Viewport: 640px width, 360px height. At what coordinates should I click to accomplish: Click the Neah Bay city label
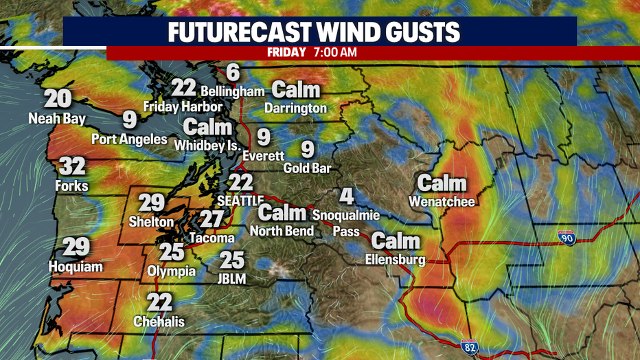(57, 119)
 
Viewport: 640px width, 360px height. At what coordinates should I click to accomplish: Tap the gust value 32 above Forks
(71, 166)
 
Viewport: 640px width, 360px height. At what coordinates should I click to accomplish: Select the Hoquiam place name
(76, 267)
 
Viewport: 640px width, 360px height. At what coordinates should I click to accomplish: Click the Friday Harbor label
(183, 106)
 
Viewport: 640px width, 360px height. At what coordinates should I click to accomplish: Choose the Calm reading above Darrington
(297, 89)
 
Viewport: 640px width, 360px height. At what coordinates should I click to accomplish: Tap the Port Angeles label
(130, 139)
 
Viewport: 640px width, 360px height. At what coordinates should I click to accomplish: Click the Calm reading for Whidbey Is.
(207, 127)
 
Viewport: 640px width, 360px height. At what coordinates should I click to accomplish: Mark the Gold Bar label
(308, 168)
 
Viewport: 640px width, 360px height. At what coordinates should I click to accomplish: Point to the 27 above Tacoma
(212, 219)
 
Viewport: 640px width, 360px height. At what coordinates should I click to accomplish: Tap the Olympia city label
(172, 271)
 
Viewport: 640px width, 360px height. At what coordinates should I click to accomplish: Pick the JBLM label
(231, 279)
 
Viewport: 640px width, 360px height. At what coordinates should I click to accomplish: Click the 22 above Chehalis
(159, 302)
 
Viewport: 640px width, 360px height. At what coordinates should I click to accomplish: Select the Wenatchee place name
(442, 201)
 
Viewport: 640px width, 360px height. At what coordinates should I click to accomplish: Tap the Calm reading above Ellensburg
(396, 240)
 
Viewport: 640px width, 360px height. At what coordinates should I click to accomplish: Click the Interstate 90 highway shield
(566, 238)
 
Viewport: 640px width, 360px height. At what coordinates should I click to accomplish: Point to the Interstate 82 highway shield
(470, 348)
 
